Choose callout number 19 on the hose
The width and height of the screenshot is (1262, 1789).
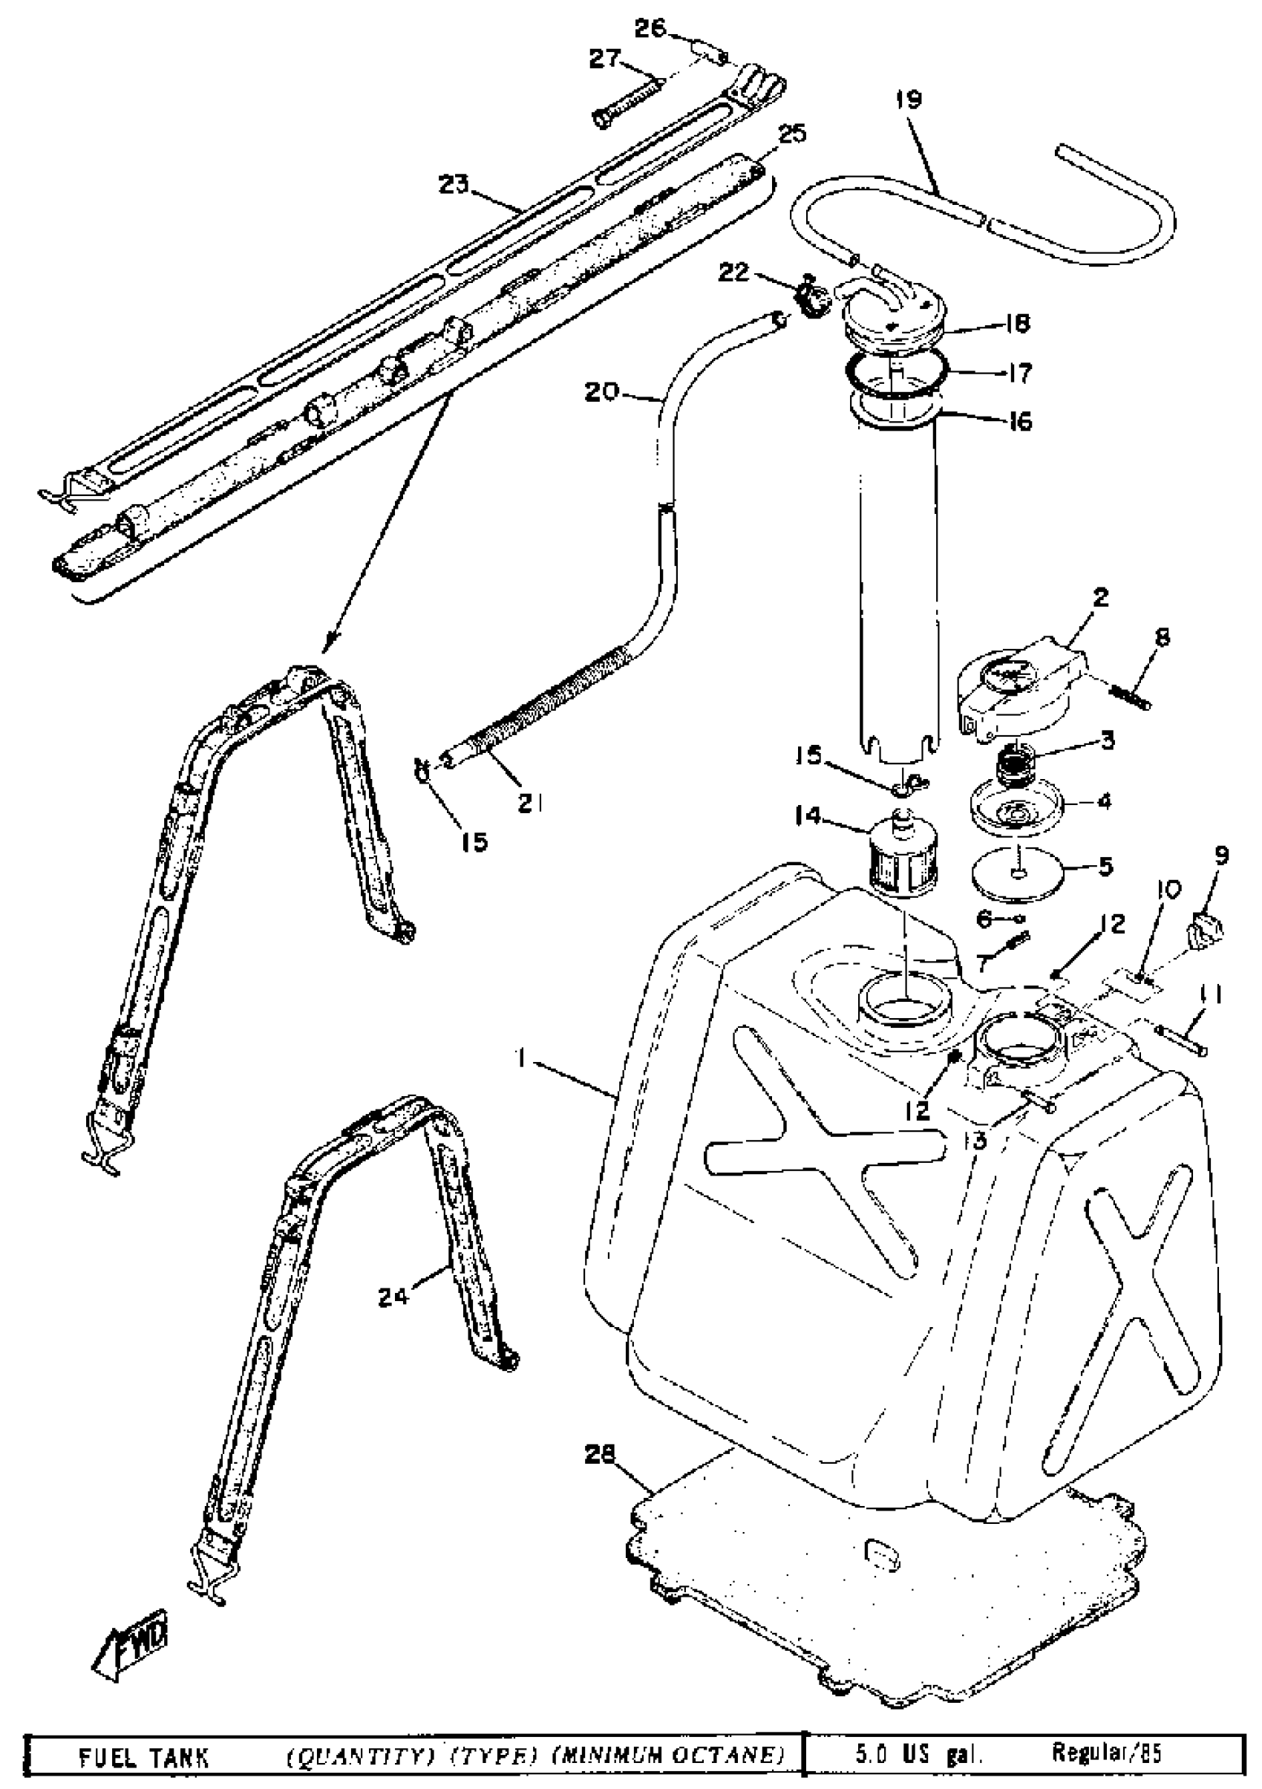coord(909,100)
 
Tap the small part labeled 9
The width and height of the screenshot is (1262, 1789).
coord(1204,931)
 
